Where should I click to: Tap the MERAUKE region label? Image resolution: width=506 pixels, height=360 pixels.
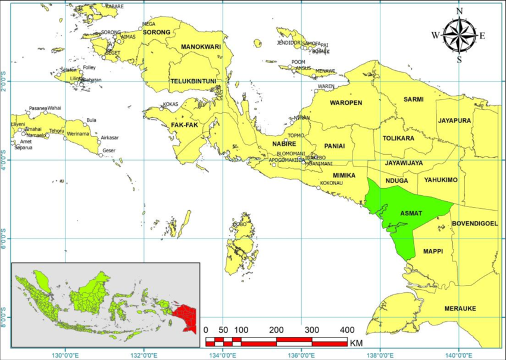pos(460,309)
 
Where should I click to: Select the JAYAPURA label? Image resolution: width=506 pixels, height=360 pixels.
pos(454,121)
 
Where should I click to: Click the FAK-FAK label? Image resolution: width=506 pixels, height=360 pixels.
pos(184,126)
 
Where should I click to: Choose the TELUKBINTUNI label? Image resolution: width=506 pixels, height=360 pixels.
pos(193,82)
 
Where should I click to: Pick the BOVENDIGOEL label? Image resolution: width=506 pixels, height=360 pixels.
pos(474,224)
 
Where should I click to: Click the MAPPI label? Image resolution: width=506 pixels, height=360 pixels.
pos(433,252)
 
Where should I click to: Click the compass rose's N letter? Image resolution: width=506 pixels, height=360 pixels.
pos(459,11)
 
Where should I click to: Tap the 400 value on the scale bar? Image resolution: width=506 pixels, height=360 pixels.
pos(345,330)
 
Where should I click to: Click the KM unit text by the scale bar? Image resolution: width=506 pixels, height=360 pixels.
pos(356,343)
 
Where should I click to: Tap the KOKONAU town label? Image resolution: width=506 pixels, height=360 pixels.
pos(332,183)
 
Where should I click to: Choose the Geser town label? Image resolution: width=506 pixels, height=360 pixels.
pos(109,151)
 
